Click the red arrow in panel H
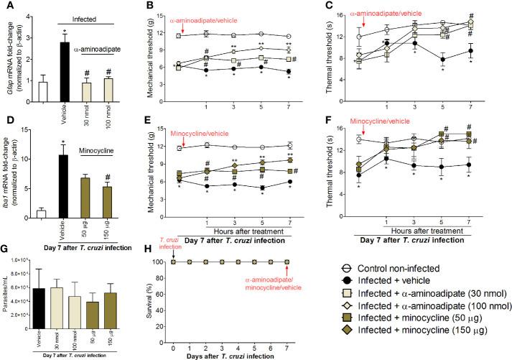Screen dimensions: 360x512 [287, 251]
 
